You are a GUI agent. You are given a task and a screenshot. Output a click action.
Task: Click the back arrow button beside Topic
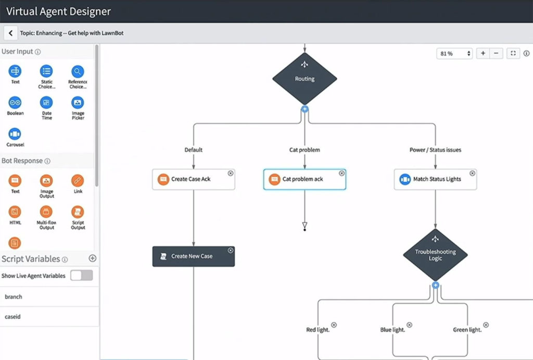10,33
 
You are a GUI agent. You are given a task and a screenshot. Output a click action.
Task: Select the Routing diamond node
304,79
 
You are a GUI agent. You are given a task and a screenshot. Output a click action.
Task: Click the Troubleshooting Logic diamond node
435,255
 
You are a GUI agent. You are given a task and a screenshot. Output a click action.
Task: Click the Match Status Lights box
435,179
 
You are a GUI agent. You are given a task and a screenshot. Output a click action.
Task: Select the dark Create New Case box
193,256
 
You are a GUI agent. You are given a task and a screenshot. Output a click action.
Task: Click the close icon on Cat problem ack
341,173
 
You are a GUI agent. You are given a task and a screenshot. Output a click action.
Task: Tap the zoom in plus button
483,53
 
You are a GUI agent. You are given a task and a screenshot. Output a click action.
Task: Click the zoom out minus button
497,53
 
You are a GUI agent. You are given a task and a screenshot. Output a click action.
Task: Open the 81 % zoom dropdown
454,53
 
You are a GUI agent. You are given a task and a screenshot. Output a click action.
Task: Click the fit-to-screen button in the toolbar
513,53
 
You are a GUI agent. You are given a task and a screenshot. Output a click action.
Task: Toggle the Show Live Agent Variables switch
82,276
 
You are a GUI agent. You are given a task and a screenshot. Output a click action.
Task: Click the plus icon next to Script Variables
93,258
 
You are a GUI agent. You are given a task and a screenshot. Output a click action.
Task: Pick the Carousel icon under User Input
15,134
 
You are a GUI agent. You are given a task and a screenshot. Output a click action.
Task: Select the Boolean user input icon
15,103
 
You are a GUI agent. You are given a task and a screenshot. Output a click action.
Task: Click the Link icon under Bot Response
78,181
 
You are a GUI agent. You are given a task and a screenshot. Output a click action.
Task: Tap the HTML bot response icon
15,212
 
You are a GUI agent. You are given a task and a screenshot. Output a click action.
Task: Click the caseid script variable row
49,316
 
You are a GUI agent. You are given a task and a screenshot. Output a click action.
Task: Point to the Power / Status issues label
435,150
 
